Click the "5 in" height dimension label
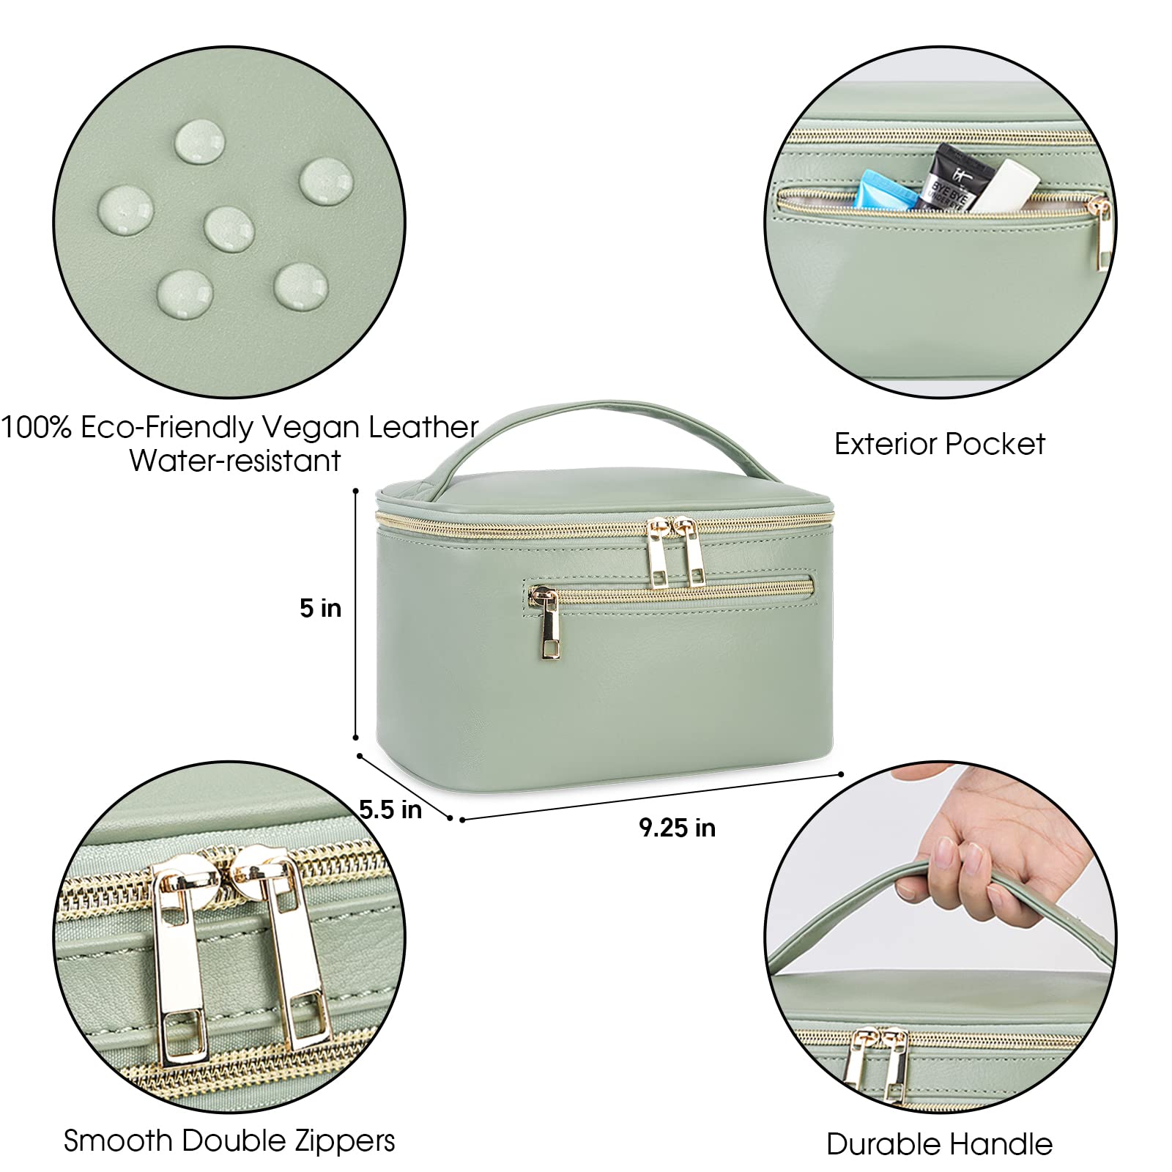pyautogui.click(x=320, y=608)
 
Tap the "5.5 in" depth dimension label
pyautogui.click(x=390, y=809)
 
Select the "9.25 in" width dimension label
pyautogui.click(x=677, y=828)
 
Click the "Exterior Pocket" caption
pyautogui.click(x=940, y=444)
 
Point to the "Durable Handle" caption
pyautogui.click(x=940, y=1144)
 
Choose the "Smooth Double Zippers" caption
pyautogui.click(x=229, y=1141)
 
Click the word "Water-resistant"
pyautogui.click(x=235, y=461)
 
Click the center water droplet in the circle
pyautogui.click(x=229, y=227)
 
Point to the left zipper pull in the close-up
pyautogui.click(x=176, y=960)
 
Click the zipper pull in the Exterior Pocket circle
pyautogui.click(x=1101, y=231)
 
